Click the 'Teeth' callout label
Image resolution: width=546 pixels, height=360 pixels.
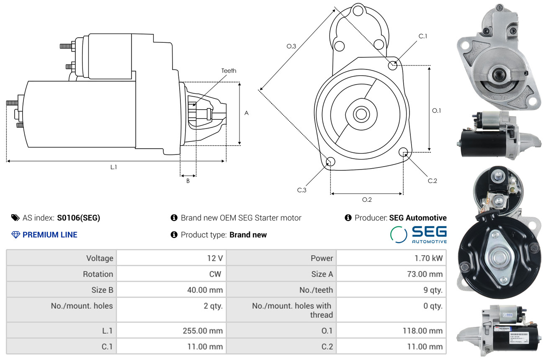229,71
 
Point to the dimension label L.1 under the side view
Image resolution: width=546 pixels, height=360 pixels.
113,167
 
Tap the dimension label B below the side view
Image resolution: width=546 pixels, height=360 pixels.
188,181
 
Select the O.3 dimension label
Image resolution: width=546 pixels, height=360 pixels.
291,46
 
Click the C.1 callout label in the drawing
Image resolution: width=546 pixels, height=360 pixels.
423,36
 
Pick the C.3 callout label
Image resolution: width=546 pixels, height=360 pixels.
302,190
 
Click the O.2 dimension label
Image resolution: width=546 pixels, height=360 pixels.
367,200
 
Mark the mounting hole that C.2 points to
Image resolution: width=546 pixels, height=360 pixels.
403,152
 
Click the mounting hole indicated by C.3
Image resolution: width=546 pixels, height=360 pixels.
330,161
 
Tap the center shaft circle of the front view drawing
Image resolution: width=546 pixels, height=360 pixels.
361,114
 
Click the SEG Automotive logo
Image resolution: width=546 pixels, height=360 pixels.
418,235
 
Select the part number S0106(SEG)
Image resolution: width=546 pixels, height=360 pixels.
78,218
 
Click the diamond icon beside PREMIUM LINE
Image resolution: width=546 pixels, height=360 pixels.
15,235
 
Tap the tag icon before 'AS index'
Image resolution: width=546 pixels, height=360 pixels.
15,218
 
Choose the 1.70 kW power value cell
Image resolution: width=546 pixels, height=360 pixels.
391,258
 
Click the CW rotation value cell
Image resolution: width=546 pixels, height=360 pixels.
171,274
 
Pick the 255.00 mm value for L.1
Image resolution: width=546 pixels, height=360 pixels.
203,331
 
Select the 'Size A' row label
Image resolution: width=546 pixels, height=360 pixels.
322,274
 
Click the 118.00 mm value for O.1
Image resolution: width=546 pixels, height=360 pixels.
422,331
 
